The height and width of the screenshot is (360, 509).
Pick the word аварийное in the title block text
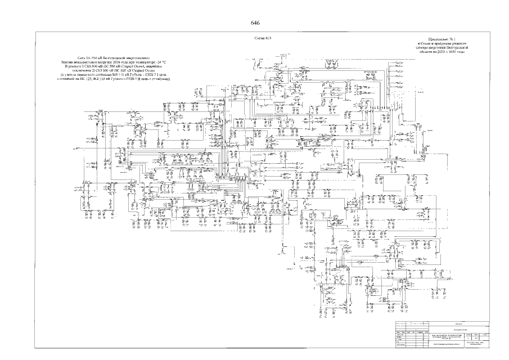[160, 66]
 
